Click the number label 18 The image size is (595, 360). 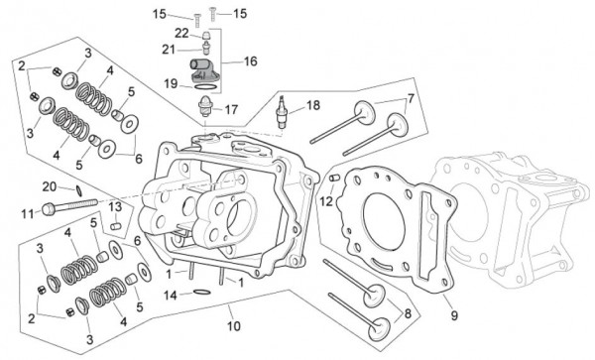pos(313,105)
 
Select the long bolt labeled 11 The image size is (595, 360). pos(69,206)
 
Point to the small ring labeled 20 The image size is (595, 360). pos(79,190)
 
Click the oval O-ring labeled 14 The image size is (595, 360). pos(202,293)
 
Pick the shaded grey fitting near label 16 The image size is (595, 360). pos(200,70)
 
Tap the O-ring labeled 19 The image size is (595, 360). pos(205,87)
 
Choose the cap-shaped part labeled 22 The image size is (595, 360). pos(205,36)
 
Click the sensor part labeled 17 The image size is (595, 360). pos(205,107)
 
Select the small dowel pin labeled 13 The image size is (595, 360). pos(115,226)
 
